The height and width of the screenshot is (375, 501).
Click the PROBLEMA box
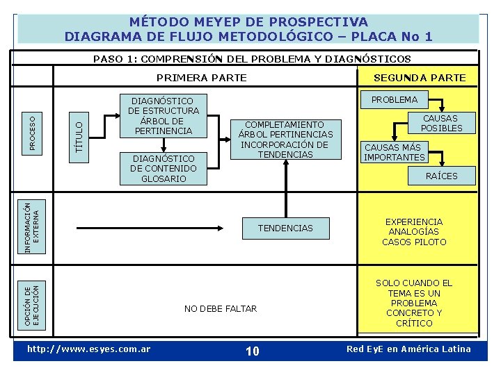pyautogui.click(x=395, y=99)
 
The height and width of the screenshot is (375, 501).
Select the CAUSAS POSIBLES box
pyautogui.click(x=441, y=123)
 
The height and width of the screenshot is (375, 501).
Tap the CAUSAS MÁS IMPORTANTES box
pyautogui.click(x=395, y=152)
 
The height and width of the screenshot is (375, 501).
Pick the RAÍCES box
pyautogui.click(x=441, y=176)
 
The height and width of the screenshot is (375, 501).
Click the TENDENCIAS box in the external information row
pyautogui.click(x=285, y=228)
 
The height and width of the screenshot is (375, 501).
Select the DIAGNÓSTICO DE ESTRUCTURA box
pyautogui.click(x=164, y=116)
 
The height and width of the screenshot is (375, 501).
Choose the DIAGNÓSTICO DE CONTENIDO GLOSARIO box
pyautogui.click(x=164, y=169)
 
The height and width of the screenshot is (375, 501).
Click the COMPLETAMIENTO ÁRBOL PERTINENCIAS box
pyautogui.click(x=285, y=140)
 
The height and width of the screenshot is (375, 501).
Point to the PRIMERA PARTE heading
pyautogui.click(x=202, y=78)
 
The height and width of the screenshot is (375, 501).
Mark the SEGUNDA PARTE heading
pyautogui.click(x=420, y=78)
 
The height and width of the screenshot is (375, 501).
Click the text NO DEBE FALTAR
pyautogui.click(x=221, y=308)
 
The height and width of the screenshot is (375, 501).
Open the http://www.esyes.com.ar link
pyautogui.click(x=88, y=349)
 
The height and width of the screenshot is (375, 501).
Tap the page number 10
pyautogui.click(x=253, y=351)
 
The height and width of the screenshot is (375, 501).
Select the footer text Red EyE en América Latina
pyautogui.click(x=408, y=349)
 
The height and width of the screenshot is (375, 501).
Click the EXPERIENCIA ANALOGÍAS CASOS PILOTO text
pyautogui.click(x=414, y=232)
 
